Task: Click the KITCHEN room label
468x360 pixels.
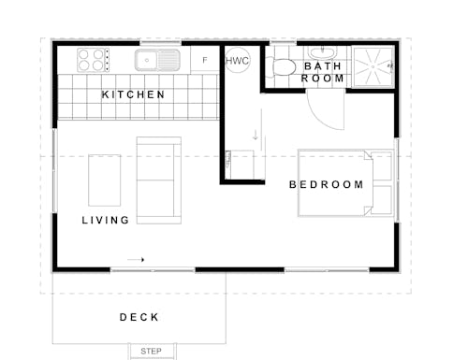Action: coord(133,95)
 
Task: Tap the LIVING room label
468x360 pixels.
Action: coord(105,221)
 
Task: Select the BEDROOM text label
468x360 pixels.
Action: coord(326,184)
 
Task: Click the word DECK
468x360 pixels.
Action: coord(139,318)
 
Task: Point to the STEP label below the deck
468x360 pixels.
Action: coord(151,351)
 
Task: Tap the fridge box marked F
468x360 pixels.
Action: coord(205,60)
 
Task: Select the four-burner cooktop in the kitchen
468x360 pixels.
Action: coord(91,60)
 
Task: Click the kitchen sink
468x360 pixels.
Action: coord(156,61)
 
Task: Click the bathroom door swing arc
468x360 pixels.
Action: coord(323,112)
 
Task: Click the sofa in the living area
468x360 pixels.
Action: coord(159,180)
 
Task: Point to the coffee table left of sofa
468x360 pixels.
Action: coord(105,180)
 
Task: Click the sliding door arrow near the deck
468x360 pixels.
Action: coord(137,259)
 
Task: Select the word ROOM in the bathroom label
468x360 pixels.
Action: coord(323,79)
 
